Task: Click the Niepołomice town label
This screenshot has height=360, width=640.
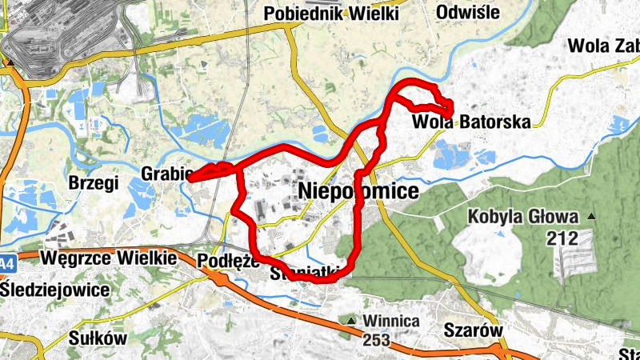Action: point(358,191)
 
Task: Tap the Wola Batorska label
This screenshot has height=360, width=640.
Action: point(472,122)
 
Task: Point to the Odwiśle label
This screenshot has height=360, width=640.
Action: point(468,12)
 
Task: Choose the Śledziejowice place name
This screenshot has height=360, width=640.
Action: point(54,289)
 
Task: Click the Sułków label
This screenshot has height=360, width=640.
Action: point(98,337)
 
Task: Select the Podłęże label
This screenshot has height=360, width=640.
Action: point(227,260)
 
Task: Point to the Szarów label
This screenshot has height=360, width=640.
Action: point(472,330)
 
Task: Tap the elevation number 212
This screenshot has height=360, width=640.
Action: point(562,238)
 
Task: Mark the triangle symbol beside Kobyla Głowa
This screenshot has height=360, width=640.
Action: point(591,217)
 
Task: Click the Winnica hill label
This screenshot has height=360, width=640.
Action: point(391,321)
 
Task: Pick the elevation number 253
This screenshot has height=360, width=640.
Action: point(374,340)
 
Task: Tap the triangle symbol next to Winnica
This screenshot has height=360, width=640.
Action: point(351,322)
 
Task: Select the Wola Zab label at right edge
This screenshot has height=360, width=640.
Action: point(602,45)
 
